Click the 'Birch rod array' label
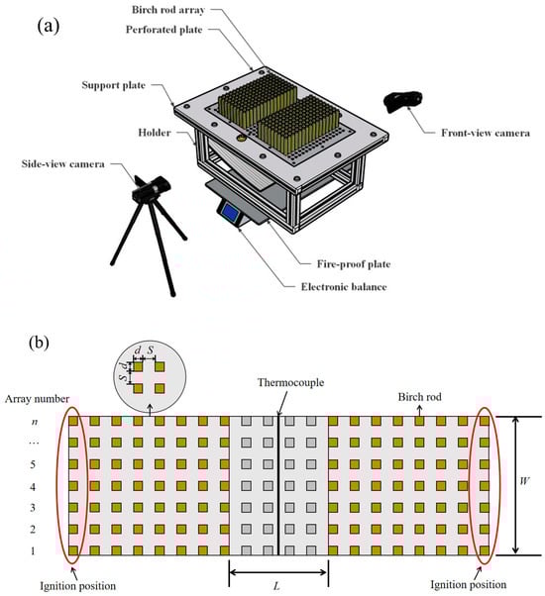point(168,10)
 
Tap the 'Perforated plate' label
point(163,30)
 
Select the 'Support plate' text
point(113,85)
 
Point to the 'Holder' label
point(155,133)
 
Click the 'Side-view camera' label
point(62,163)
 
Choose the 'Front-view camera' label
point(486,133)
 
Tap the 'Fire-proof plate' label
point(354,264)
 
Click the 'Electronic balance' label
point(344,286)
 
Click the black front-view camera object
point(403,102)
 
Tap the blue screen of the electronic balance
point(229,212)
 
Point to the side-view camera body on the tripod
point(152,189)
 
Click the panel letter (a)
point(49,27)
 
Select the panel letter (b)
point(39,343)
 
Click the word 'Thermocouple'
point(290,382)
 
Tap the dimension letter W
point(524,481)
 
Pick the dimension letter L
point(276,586)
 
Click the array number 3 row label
point(33,508)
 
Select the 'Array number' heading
point(37,399)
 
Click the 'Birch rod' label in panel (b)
point(420,397)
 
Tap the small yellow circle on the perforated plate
point(241,138)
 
